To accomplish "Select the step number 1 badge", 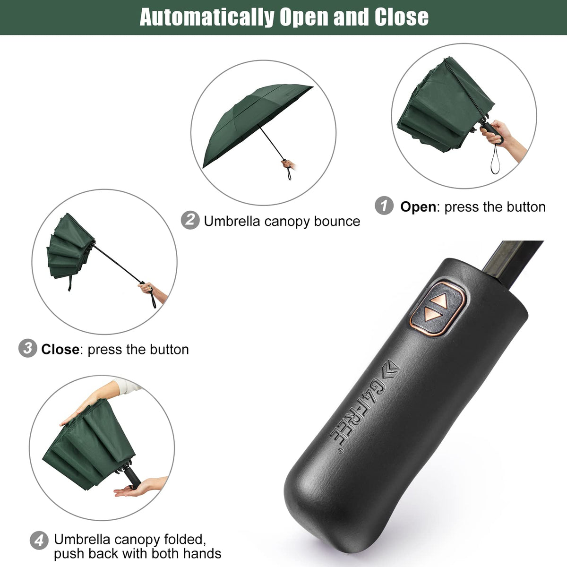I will coord(384,206).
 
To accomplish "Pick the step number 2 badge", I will coord(190,221).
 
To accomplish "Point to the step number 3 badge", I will coord(27,349).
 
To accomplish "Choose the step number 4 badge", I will coord(39,540).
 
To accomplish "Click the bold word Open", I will coord(418,207).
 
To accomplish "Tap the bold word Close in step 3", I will coord(60,350).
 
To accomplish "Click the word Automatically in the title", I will coord(206,17).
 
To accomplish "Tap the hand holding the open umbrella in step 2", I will coord(288,165).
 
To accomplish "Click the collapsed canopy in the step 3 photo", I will coord(69,248).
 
